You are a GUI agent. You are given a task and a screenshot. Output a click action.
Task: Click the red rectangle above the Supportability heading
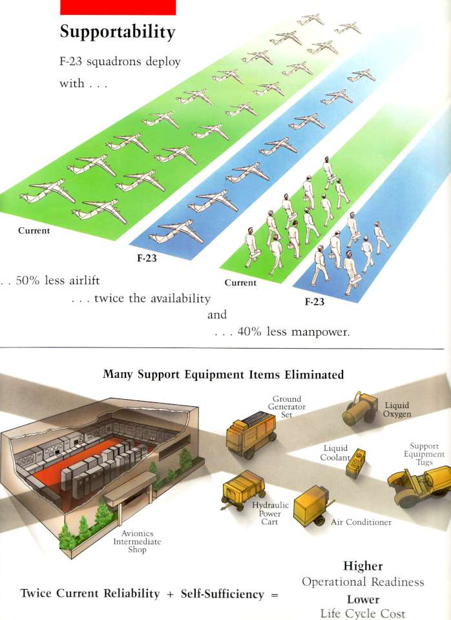point(118,7)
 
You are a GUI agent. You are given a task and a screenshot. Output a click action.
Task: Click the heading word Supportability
point(118,32)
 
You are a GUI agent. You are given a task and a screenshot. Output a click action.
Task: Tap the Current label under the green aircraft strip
point(34,231)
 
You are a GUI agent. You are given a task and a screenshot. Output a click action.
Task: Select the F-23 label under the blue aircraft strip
point(147,258)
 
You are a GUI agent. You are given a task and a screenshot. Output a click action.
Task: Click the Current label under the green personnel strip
point(240,283)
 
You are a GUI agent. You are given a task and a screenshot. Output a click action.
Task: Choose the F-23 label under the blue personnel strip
point(315,302)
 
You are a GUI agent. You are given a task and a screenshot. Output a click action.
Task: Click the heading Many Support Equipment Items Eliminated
point(223,375)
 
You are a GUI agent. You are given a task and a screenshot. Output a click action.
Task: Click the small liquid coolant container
point(355,463)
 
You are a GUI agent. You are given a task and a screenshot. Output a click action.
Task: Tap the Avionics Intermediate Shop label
point(137,541)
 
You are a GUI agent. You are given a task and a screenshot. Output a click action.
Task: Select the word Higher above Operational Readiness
point(362,566)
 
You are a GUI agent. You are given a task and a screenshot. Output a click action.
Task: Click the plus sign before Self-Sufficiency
point(170,594)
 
